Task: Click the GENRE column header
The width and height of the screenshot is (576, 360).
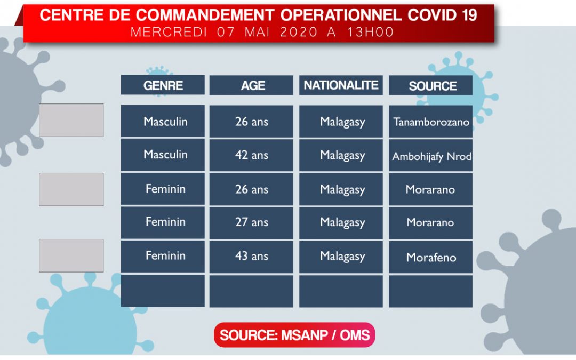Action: tap(163, 85)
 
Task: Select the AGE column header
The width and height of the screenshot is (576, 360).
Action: tap(251, 85)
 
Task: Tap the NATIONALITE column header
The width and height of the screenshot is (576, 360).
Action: tap(341, 85)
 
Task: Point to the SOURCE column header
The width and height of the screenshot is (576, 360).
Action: tap(430, 85)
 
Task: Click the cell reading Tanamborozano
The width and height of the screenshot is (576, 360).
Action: tap(430, 122)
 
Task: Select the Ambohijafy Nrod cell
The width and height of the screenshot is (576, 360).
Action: tap(430, 155)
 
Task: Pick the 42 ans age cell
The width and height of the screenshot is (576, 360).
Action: tap(251, 155)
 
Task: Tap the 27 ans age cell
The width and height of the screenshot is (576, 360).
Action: tap(251, 222)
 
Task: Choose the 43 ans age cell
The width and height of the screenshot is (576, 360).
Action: tap(251, 257)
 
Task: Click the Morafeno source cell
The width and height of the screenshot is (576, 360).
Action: tap(430, 257)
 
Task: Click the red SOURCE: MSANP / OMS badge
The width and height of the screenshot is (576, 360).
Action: tap(294, 335)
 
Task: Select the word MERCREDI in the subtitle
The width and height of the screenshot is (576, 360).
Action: tap(169, 33)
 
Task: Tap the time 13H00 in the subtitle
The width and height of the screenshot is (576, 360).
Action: tap(371, 33)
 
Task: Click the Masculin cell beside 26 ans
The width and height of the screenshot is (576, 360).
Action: tap(163, 121)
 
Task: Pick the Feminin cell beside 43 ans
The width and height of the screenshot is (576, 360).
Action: tap(163, 257)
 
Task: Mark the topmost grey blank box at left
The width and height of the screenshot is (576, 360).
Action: tap(71, 120)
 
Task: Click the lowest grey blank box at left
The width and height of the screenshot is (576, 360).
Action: tap(71, 255)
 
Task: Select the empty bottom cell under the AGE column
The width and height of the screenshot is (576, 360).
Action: tap(251, 291)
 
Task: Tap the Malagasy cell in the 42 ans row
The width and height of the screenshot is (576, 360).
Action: tap(341, 155)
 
